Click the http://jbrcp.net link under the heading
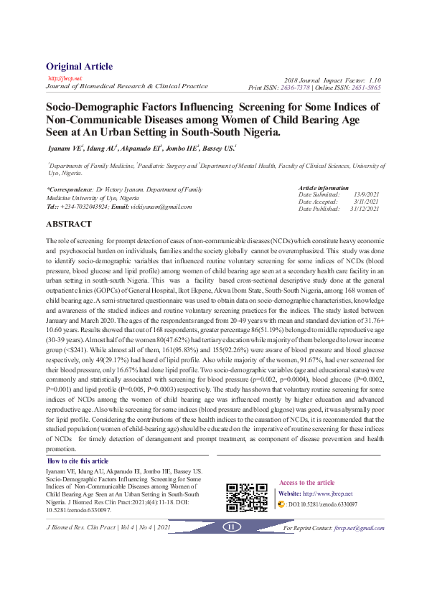(65, 78)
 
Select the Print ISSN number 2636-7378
(296, 87)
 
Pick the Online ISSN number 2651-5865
(365, 87)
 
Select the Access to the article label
(306, 483)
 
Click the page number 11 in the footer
(231, 527)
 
